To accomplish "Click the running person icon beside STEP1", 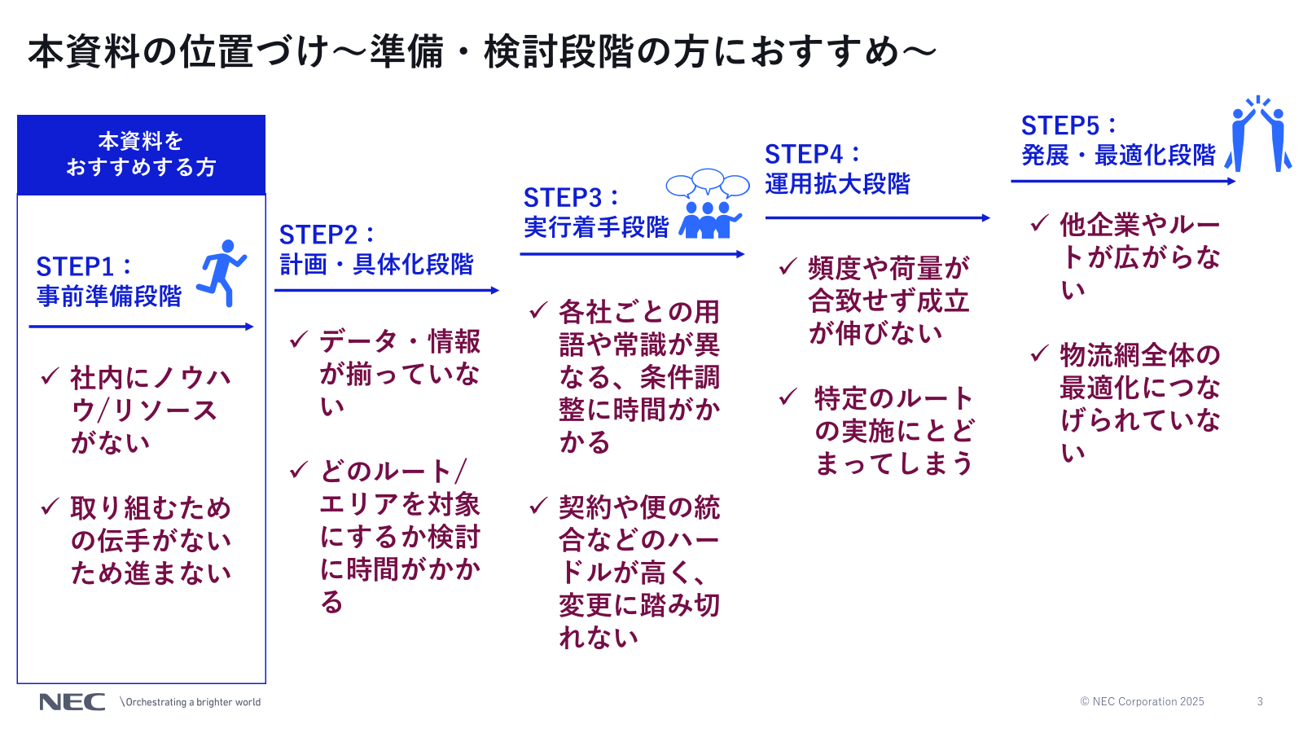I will click(221, 274).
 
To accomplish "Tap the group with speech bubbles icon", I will click(707, 204).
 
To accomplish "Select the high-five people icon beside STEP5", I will click(1258, 134).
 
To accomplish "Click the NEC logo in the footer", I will click(72, 702).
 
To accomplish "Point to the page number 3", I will click(1260, 701).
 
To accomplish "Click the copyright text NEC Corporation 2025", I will click(1142, 701).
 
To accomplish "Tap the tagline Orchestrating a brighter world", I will click(192, 702).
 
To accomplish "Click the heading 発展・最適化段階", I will click(1118, 156).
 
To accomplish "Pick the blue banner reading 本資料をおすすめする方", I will click(142, 155).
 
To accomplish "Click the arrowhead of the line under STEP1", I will click(249, 327).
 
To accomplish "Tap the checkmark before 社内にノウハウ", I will click(50, 376).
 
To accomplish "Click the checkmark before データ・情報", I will click(299, 340).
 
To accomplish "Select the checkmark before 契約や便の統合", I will click(538, 507).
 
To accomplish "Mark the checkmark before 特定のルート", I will click(788, 397).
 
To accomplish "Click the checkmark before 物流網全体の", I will click(1040, 353).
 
